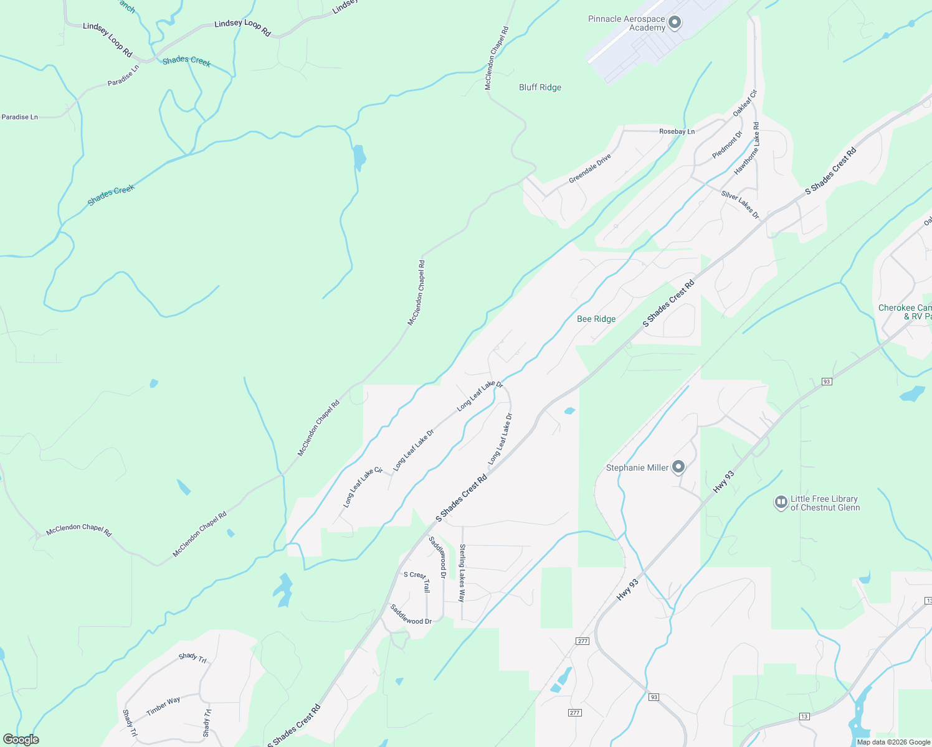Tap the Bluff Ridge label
[x=540, y=88]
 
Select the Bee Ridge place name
[x=596, y=319]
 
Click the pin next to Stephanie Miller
[x=678, y=467]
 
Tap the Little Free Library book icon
[x=781, y=502]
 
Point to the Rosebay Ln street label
[x=677, y=131]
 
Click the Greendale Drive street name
[x=589, y=169]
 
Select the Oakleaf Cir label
[x=744, y=103]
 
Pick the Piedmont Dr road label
[x=727, y=145]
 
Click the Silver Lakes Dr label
[x=740, y=205]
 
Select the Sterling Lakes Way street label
[x=462, y=573]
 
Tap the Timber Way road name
[x=163, y=706]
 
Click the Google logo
[x=21, y=740]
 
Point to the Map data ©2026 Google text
[x=893, y=742]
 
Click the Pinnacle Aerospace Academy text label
[x=626, y=24]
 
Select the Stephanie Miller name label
[x=637, y=467]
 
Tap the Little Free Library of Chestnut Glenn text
[x=825, y=503]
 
